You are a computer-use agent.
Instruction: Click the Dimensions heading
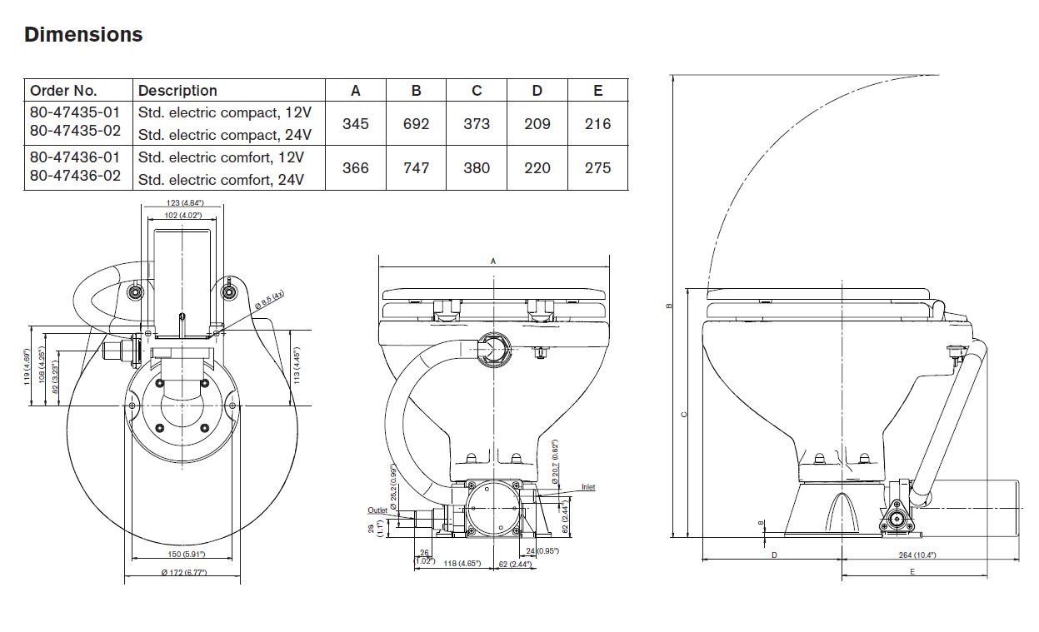click(83, 35)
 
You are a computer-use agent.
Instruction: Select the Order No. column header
click(63, 91)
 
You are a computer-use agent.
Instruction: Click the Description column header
click(177, 91)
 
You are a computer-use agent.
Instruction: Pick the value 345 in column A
click(356, 124)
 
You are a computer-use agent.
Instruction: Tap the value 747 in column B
click(416, 168)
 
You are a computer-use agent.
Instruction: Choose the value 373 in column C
click(477, 124)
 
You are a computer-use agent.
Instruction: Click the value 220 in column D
click(537, 168)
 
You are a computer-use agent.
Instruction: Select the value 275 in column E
click(597, 168)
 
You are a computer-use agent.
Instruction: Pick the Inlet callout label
click(588, 487)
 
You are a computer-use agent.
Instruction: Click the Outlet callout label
click(377, 510)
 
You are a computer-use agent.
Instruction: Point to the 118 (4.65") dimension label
click(461, 565)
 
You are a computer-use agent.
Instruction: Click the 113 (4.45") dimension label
click(297, 366)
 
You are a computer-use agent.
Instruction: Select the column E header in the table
click(597, 91)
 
